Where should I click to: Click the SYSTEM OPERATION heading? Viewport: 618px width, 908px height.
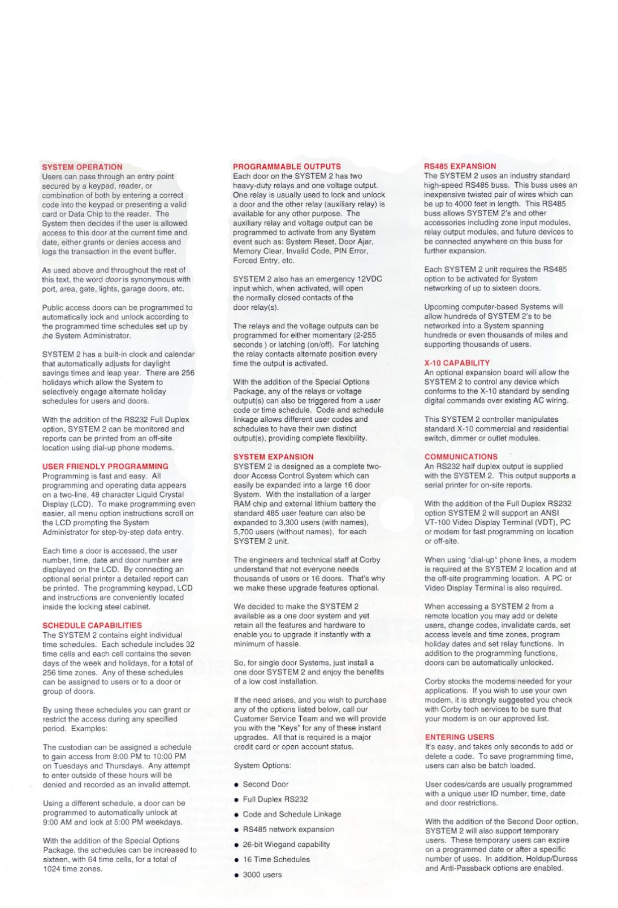pyautogui.click(x=82, y=167)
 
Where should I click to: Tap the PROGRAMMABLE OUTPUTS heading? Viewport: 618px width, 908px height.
pyautogui.click(x=287, y=167)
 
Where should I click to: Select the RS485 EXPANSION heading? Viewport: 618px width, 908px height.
pyautogui.click(x=460, y=166)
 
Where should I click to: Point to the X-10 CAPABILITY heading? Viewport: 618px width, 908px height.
pyautogui.click(x=457, y=363)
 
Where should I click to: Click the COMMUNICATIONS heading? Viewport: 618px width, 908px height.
pyautogui.click(x=461, y=457)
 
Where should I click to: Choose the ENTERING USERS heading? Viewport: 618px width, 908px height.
pyautogui.click(x=459, y=737)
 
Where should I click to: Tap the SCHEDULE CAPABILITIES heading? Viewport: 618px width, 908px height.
pyautogui.click(x=92, y=625)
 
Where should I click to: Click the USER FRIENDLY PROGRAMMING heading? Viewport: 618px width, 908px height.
pyautogui.click(x=105, y=466)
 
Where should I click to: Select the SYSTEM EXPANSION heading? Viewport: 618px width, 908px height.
pyautogui.click(x=273, y=457)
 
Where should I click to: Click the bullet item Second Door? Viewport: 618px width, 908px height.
pyautogui.click(x=265, y=784)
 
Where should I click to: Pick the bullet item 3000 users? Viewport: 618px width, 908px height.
pyautogui.click(x=262, y=875)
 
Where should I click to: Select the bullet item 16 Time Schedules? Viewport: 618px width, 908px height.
pyautogui.click(x=276, y=859)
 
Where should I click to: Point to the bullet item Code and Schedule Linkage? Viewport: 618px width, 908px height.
pyautogui.click(x=292, y=814)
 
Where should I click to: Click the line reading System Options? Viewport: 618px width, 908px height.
pyautogui.click(x=262, y=766)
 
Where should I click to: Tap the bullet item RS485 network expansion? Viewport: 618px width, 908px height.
pyautogui.click(x=288, y=829)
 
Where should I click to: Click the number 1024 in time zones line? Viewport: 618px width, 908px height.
pyautogui.click(x=52, y=869)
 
